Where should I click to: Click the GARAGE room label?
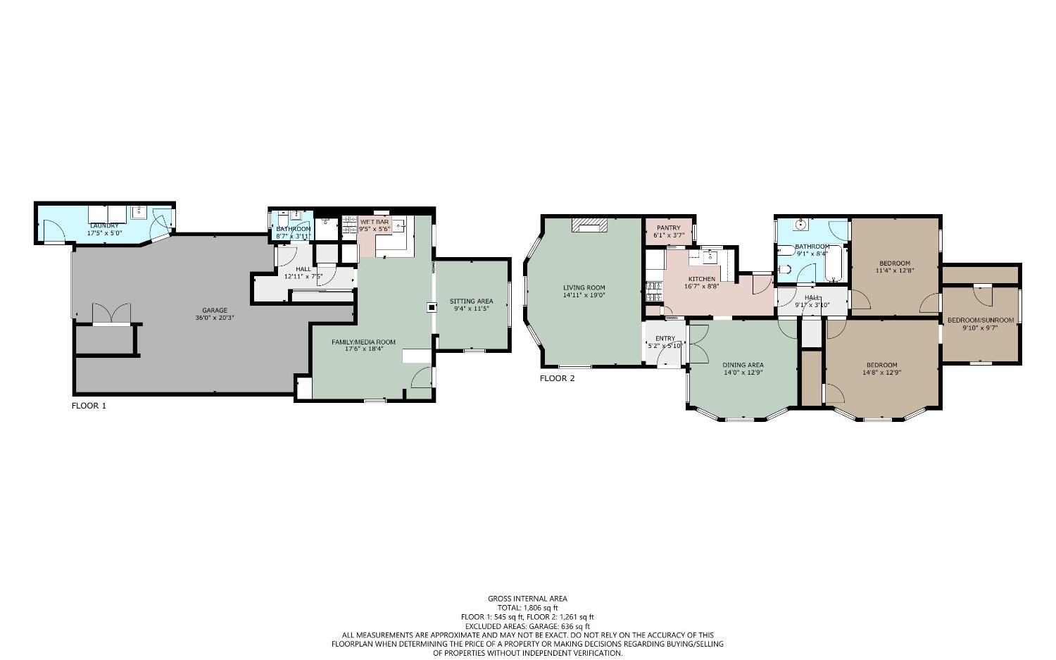coord(215,310)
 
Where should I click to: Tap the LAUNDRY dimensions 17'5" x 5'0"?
coord(105,232)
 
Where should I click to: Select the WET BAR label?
coord(374,222)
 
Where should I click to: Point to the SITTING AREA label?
coord(472,301)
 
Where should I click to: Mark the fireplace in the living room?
coord(589,225)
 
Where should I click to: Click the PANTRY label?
coord(668,228)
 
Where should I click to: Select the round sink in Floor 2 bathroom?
coord(800,225)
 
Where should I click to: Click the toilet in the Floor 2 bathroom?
coord(785,269)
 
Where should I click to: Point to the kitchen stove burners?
coord(651,287)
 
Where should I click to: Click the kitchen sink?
coord(709,256)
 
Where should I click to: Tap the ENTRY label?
coord(665,339)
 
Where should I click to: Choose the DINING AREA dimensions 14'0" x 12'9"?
coord(743,373)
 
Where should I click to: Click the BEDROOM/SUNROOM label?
coord(980,320)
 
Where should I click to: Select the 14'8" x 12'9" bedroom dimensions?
coord(881,373)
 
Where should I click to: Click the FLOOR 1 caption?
coord(89,406)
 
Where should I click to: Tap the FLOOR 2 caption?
coord(557,378)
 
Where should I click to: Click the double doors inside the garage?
coord(111,314)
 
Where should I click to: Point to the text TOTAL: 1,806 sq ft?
coord(527,608)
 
